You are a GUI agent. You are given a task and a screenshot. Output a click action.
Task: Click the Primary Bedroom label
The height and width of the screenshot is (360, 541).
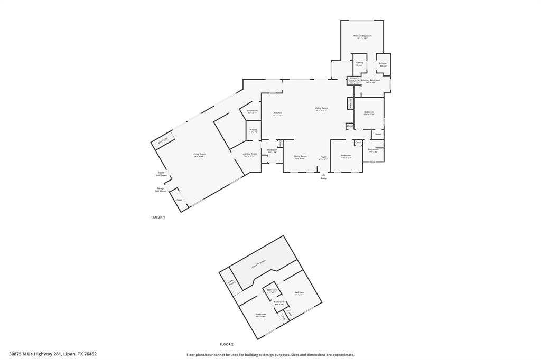point(362,37)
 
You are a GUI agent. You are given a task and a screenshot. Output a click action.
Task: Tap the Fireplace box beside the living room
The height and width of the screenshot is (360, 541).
point(350,103)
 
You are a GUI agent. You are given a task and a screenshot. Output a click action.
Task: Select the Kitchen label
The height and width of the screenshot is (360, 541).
point(278,113)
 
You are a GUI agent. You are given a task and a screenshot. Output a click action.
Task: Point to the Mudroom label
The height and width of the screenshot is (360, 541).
point(273,151)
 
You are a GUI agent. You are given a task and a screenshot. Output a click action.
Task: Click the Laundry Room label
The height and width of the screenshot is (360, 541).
point(249,155)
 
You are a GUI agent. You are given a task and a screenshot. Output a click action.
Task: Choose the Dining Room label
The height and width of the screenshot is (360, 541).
point(300,157)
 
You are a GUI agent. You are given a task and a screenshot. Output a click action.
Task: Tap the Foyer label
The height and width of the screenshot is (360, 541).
point(323,157)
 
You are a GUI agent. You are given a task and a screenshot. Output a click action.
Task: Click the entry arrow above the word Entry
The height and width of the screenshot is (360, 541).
point(323,174)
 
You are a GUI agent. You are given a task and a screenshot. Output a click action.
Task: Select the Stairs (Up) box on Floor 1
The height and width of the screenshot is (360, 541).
point(163,140)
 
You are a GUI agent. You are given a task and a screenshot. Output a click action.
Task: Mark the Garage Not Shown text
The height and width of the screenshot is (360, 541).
point(161,190)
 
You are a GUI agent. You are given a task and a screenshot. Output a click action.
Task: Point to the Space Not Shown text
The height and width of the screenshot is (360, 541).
point(161,174)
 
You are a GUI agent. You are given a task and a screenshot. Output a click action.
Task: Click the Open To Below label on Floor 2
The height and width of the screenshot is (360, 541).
point(258,264)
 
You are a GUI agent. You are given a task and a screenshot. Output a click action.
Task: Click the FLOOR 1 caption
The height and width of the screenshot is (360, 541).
point(158,217)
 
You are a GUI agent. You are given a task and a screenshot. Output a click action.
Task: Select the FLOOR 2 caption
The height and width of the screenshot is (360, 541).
point(226,344)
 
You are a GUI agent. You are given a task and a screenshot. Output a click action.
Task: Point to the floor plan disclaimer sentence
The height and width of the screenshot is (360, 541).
point(270,355)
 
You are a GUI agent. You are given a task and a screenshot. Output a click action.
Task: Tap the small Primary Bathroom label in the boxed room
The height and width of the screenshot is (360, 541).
point(354,81)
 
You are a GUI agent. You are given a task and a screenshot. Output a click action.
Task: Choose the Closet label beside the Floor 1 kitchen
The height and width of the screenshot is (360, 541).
point(253,130)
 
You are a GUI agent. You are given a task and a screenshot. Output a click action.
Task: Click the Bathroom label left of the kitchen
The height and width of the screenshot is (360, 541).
point(252,111)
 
